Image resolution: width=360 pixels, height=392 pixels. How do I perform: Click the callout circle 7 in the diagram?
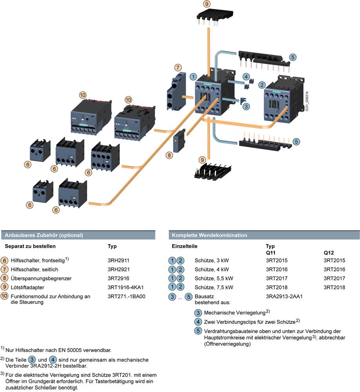click(178, 67)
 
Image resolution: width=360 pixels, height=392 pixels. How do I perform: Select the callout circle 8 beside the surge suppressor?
click(169, 155)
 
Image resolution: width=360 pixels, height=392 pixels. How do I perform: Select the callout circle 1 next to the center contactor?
click(193, 76)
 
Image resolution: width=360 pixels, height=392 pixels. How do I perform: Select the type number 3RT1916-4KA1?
click(125, 287)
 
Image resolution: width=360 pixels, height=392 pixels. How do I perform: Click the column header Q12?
click(328, 253)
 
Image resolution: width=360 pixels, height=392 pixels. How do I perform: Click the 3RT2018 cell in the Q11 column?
click(276, 287)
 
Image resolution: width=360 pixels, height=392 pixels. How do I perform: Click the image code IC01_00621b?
click(307, 101)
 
